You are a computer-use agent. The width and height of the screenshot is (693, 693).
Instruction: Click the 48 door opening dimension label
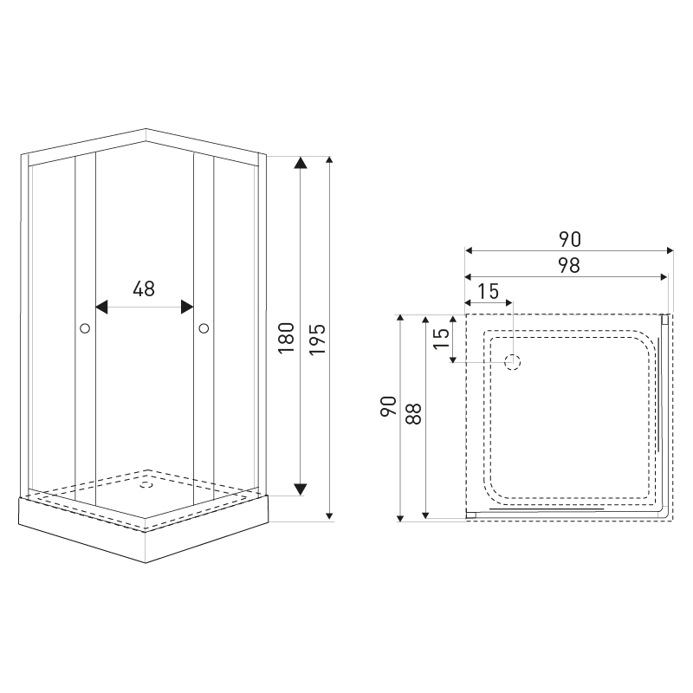coord(144,288)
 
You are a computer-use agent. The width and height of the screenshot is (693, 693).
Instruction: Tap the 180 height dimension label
coord(287,338)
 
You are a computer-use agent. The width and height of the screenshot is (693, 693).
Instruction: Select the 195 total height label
coord(317,340)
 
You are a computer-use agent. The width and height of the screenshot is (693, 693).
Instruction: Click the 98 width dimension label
coord(569,265)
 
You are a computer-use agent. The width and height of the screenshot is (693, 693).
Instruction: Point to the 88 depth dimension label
coord(414,414)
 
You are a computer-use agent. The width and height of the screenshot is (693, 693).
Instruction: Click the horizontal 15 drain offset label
coord(489,291)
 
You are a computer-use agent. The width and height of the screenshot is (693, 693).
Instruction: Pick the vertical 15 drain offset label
coord(441,339)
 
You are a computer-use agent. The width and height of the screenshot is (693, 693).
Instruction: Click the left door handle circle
coord(85,328)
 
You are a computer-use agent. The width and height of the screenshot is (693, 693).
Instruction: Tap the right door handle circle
coord(204,328)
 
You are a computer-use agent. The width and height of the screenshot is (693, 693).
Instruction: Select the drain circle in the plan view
coord(513,362)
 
